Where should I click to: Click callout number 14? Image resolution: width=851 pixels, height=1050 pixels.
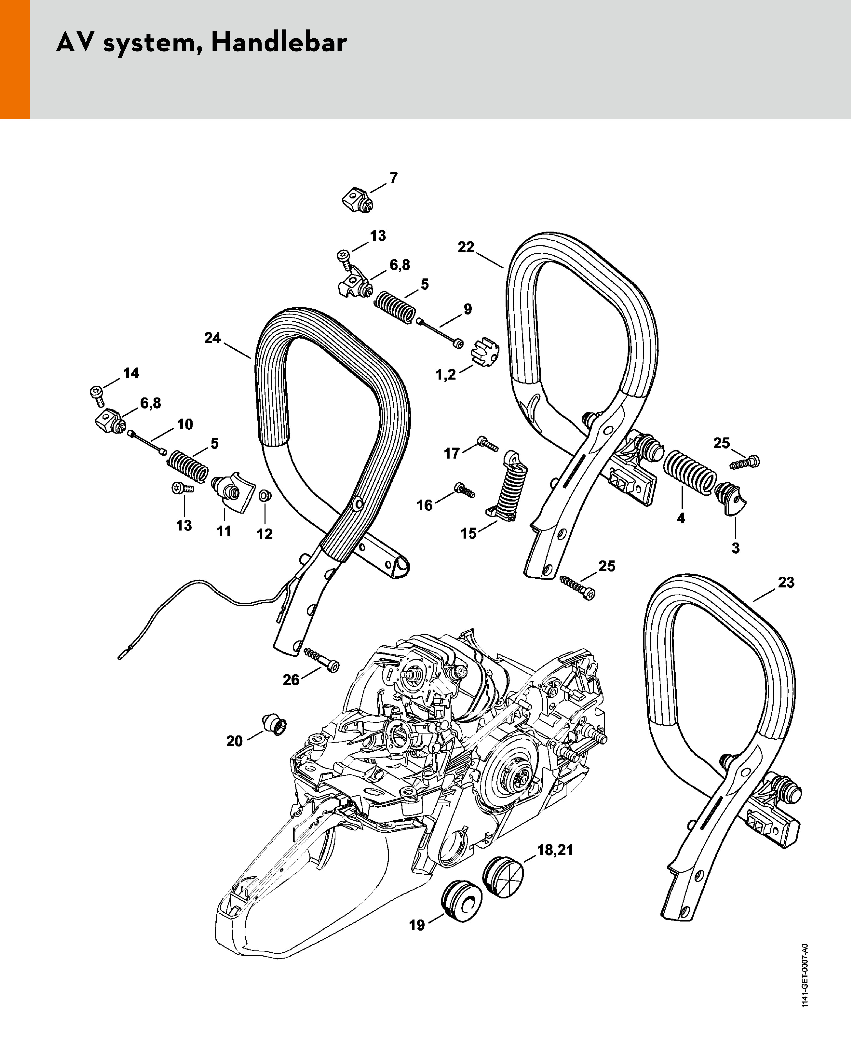click(131, 373)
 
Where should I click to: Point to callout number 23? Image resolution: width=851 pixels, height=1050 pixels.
click(786, 582)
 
